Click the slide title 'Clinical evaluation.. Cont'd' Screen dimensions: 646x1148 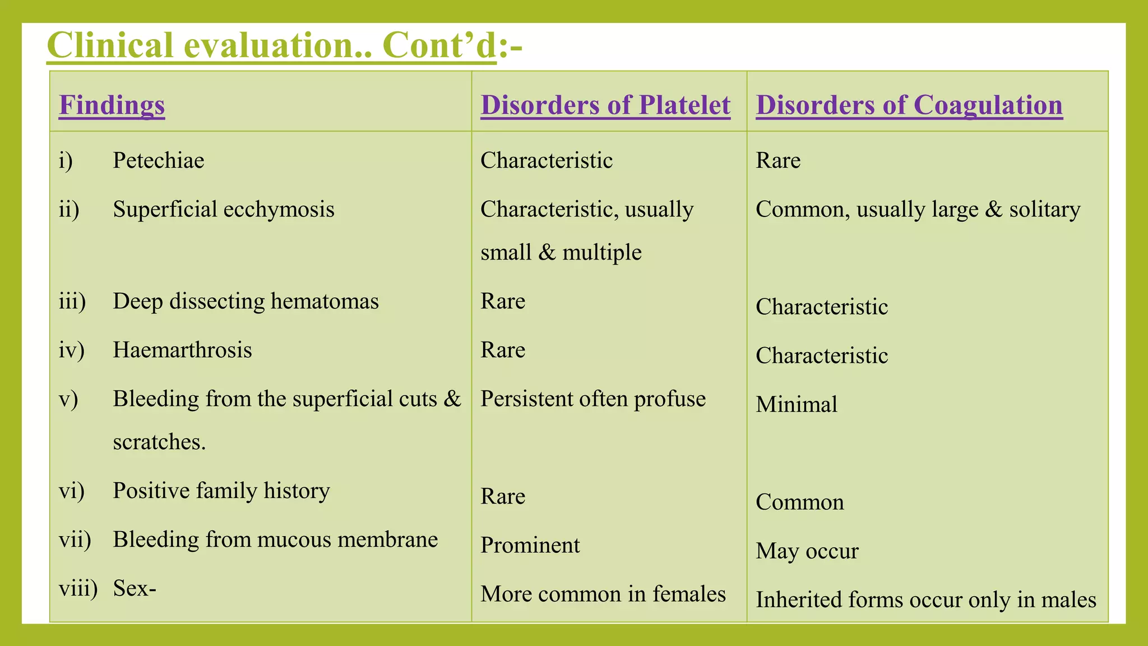(x=272, y=45)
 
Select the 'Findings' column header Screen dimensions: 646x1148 (x=112, y=105)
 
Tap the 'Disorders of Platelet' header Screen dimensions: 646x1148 (x=605, y=105)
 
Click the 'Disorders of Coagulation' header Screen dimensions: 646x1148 (x=909, y=105)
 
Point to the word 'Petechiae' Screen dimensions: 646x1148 (x=158, y=160)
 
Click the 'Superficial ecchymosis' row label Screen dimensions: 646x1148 (x=223, y=209)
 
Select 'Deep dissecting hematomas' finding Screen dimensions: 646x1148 (x=246, y=301)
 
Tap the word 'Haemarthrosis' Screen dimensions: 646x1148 (x=182, y=350)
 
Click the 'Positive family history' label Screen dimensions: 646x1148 (x=221, y=491)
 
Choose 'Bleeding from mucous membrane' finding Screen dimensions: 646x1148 (x=275, y=539)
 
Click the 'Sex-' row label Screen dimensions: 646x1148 (x=135, y=588)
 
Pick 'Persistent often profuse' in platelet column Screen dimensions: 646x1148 (x=593, y=399)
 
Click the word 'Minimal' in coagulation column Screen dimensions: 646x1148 (x=796, y=404)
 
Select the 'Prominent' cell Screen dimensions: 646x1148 (x=530, y=545)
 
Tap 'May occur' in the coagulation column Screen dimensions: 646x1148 (x=807, y=551)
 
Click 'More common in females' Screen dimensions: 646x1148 (x=603, y=594)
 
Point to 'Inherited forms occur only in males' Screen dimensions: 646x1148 (x=925, y=599)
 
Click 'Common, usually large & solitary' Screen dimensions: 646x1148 (x=918, y=209)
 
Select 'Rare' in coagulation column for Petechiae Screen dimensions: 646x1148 (x=777, y=160)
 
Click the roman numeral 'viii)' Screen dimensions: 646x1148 (x=78, y=588)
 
